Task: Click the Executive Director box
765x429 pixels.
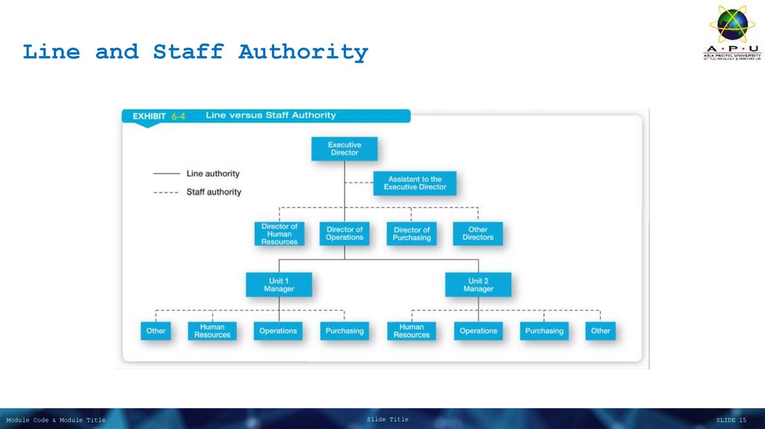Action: pos(344,149)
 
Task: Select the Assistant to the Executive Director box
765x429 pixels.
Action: pos(415,183)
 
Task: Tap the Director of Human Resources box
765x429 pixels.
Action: pos(279,234)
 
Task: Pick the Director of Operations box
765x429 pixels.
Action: pos(344,234)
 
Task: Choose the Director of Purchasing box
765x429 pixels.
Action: pos(412,234)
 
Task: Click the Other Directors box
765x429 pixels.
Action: pos(478,234)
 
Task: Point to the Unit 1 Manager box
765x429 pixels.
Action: pos(279,285)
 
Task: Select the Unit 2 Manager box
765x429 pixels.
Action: pos(478,285)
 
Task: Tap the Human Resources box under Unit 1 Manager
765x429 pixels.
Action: pos(212,331)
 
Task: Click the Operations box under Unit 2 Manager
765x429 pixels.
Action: pos(478,331)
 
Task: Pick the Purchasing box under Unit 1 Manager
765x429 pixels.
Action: pos(344,331)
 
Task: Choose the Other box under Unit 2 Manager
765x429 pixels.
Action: pos(601,331)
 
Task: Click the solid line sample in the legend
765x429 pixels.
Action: pos(166,174)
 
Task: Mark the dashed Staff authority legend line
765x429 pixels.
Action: pos(166,193)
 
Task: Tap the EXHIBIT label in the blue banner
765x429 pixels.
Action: pos(149,116)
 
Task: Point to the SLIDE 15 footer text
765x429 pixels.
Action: pos(731,420)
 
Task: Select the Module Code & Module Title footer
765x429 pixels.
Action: pos(56,420)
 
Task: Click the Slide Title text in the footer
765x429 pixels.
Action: pos(388,419)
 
